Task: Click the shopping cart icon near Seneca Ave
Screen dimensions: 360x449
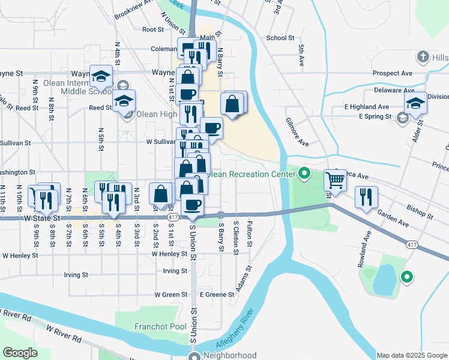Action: click(336, 179)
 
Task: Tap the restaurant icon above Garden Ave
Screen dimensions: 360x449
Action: click(366, 197)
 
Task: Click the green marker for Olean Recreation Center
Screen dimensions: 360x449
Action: click(304, 175)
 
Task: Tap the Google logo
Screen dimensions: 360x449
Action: click(20, 353)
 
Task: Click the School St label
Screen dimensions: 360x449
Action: click(280, 37)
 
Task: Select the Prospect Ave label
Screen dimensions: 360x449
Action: click(392, 73)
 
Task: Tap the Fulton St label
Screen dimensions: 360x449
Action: click(249, 235)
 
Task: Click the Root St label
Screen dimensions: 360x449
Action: click(153, 29)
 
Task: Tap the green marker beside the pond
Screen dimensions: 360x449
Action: click(407, 277)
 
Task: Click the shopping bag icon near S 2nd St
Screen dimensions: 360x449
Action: click(160, 194)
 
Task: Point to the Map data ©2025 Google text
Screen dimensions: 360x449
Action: click(411, 355)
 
